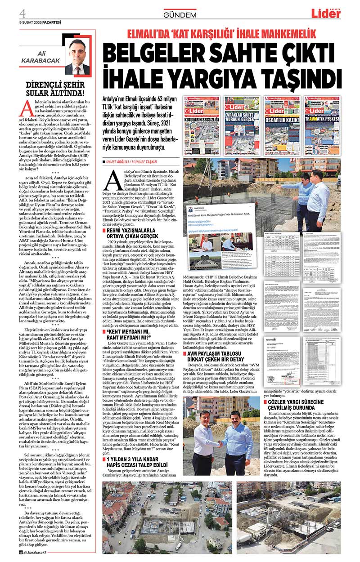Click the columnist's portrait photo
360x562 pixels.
click(x=77, y=56)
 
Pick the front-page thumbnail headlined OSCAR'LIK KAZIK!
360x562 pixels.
click(x=282, y=120)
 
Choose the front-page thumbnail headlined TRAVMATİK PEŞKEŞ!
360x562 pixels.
click(x=322, y=120)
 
